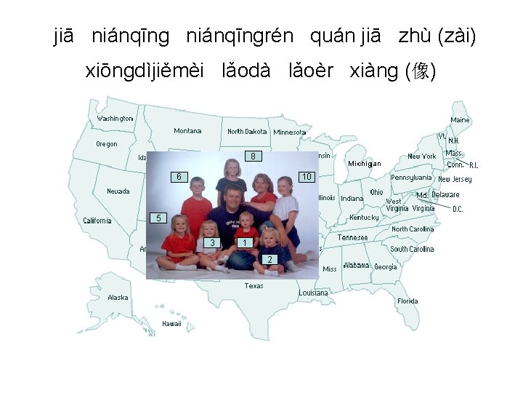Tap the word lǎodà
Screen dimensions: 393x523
(x=247, y=71)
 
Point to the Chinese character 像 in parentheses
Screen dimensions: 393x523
(x=421, y=71)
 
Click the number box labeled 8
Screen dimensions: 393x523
(x=252, y=156)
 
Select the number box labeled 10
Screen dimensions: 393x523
(x=307, y=177)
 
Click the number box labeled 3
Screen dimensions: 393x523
(x=211, y=242)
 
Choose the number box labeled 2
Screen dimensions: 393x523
(x=269, y=260)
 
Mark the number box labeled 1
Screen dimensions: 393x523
(x=246, y=242)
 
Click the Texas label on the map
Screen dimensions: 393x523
(x=254, y=286)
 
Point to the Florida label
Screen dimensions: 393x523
(x=408, y=301)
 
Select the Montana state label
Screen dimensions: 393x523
(x=187, y=131)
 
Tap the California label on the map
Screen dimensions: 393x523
(x=97, y=221)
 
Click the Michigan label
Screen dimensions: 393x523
(x=364, y=164)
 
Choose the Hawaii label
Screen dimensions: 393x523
(x=171, y=324)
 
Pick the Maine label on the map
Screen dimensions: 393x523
(x=460, y=120)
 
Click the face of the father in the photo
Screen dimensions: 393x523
(x=233, y=198)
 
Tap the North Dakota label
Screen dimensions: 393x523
(x=247, y=132)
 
